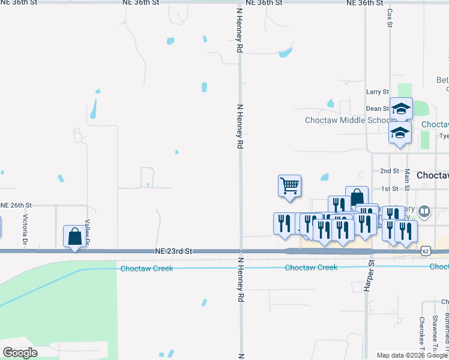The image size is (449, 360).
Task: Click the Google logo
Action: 20,353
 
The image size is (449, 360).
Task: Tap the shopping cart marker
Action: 289,185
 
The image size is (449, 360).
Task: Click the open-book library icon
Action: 424,211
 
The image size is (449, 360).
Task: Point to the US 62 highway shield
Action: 426,249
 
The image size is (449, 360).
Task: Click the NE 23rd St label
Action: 173,251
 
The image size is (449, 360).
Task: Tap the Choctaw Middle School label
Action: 348,120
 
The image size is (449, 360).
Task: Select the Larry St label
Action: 378,92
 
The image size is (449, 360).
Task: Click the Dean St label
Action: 378,109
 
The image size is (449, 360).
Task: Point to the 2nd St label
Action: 390,171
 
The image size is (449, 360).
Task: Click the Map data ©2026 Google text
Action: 411,355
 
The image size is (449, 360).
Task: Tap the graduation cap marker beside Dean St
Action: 401,109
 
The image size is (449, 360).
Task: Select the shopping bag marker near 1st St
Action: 357,197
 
